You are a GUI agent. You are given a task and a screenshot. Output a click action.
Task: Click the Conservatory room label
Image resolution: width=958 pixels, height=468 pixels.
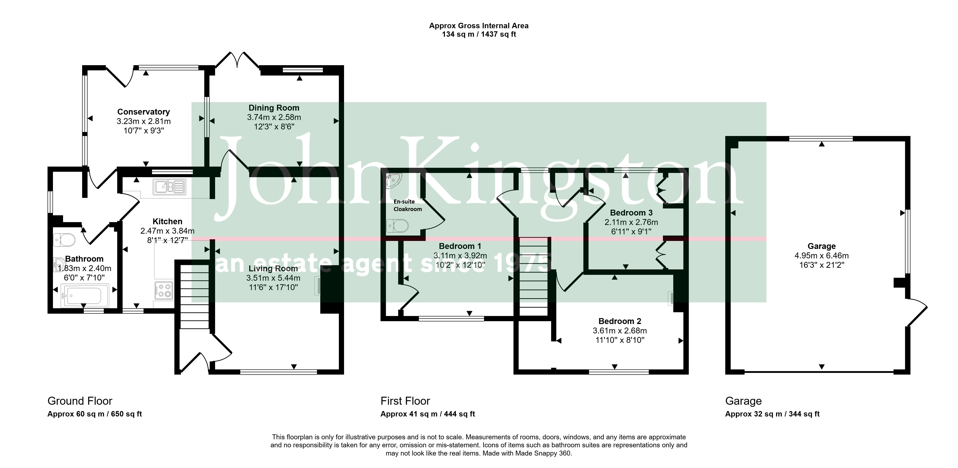click(x=144, y=112)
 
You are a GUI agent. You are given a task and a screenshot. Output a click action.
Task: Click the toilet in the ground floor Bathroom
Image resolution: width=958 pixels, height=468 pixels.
click(x=64, y=240)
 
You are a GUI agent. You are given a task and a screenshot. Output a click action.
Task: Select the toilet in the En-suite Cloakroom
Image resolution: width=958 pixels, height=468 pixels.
click(x=397, y=226)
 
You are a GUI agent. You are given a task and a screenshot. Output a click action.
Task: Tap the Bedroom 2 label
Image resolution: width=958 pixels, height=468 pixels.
click(x=620, y=321)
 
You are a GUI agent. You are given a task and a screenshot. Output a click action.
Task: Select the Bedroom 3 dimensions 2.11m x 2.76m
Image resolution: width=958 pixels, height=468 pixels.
click(x=631, y=222)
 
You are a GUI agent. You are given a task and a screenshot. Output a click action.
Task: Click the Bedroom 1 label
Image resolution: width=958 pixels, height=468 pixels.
click(x=460, y=246)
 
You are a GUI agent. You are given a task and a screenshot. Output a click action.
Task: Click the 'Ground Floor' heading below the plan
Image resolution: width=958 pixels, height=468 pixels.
click(x=80, y=401)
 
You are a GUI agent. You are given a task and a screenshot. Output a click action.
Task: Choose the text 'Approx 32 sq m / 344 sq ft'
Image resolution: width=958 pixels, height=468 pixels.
click(x=772, y=414)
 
